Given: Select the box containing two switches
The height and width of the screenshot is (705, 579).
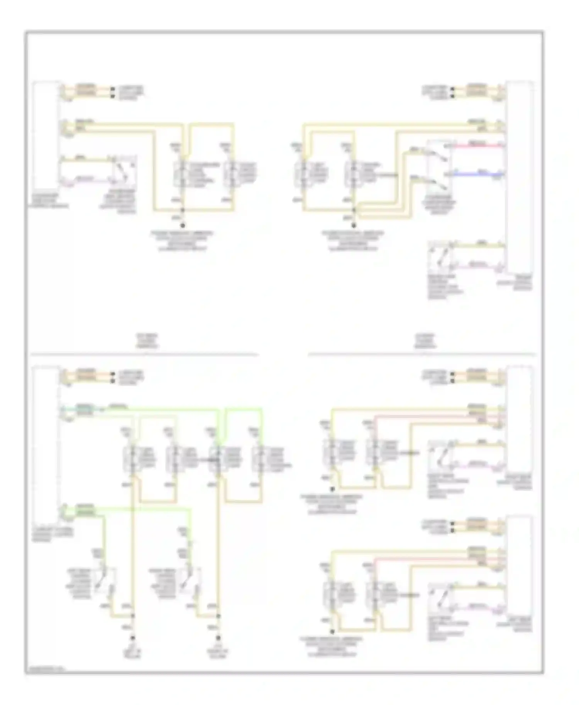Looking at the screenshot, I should (x=438, y=166).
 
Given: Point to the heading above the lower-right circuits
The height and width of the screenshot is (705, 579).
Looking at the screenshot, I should (x=425, y=341).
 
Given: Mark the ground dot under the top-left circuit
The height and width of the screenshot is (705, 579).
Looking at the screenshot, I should (x=183, y=225).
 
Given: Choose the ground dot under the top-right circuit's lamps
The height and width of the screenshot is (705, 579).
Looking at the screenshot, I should (x=354, y=225).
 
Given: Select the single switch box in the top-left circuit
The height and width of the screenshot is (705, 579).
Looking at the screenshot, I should (x=124, y=170).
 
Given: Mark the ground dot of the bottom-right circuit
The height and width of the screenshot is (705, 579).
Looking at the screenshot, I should (x=332, y=632).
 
